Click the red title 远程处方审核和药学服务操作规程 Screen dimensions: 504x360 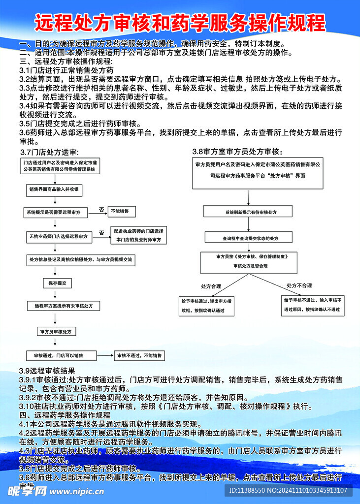180,23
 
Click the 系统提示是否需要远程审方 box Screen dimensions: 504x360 57,213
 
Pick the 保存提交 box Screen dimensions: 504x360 57,283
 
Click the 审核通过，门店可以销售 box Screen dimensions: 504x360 61,355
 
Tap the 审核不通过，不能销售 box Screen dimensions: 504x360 139,355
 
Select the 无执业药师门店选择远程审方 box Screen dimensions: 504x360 59,237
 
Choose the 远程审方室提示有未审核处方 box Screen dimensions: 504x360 64,306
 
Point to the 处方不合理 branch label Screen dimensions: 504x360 299,285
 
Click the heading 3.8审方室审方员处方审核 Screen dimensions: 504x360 237,151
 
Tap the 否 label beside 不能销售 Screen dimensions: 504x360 101,209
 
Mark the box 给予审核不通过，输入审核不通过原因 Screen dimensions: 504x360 313,305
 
